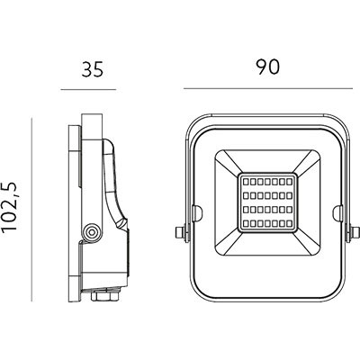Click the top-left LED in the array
point(245,180)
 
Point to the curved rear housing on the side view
point(112,180)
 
